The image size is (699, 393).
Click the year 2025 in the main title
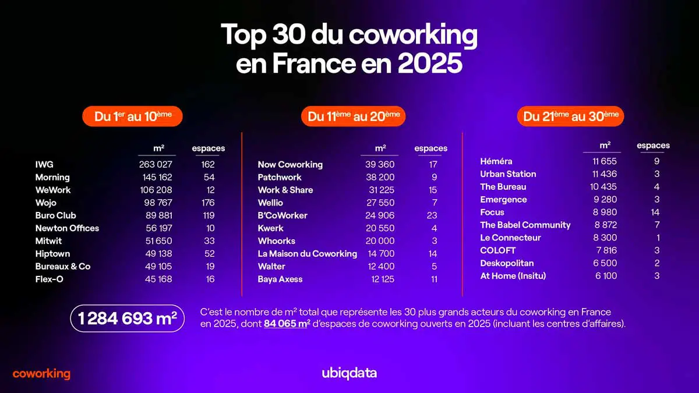coord(430,63)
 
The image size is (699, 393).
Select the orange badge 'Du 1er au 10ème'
coord(133,116)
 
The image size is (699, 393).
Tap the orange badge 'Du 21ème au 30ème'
coord(570,116)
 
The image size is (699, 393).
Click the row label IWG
coord(44,165)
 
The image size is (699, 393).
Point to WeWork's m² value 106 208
coord(156,190)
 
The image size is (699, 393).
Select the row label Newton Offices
coord(67,228)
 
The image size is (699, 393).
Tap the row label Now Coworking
coord(290,165)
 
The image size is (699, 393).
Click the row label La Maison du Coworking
coord(307,254)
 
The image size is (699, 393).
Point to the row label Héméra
coord(496,161)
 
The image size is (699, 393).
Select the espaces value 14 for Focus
coord(655,213)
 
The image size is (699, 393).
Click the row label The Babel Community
coord(525,225)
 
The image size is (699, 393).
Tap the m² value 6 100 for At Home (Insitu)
coord(606,276)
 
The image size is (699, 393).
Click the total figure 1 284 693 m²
coord(127,318)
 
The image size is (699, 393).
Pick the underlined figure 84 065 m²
coord(285,324)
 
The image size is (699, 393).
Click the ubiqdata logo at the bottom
coord(349,373)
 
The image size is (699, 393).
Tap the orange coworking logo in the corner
coord(41,374)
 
